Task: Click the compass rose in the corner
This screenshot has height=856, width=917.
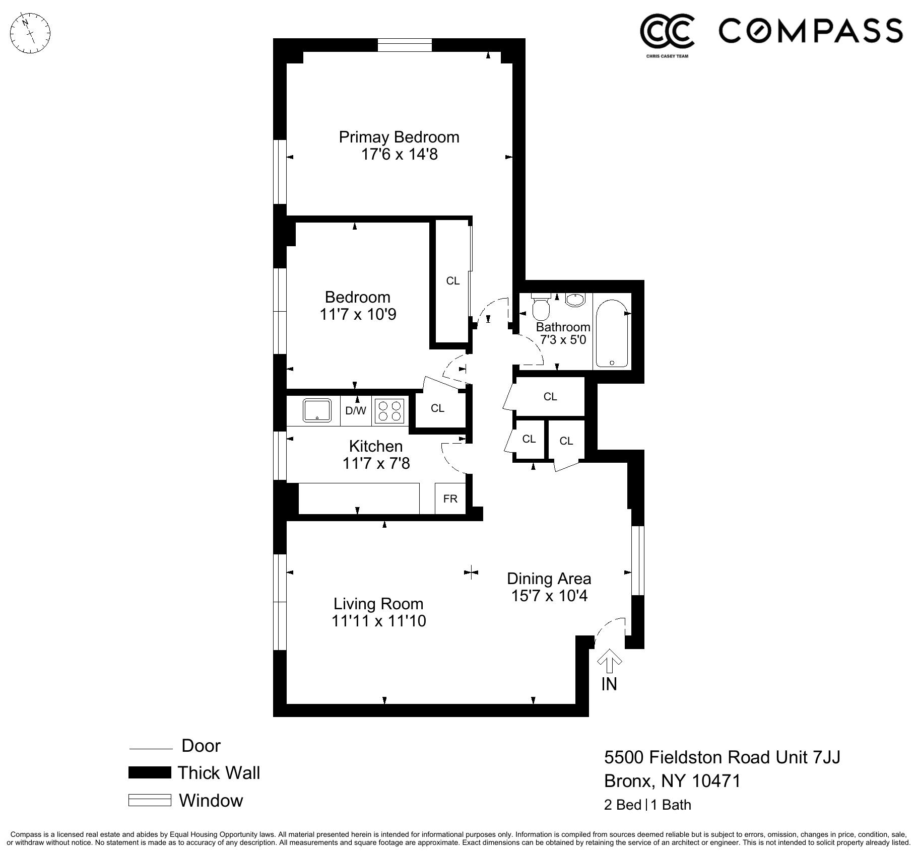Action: (x=30, y=33)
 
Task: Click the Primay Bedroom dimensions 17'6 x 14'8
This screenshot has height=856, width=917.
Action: (x=399, y=154)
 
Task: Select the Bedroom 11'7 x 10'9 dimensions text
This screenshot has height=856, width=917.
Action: (x=358, y=314)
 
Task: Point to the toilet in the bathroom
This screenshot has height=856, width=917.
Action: (x=541, y=308)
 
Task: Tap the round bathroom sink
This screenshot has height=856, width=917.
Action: (x=574, y=300)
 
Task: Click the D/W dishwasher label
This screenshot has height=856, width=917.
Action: (x=356, y=411)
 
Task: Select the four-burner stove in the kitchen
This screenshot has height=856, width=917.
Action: (x=390, y=411)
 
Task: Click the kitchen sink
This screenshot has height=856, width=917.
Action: (x=317, y=410)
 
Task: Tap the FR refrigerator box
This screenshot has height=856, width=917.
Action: (x=450, y=498)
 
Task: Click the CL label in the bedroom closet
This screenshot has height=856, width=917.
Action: (x=452, y=281)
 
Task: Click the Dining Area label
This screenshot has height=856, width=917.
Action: (x=549, y=579)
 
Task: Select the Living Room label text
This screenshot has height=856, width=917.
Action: (x=378, y=604)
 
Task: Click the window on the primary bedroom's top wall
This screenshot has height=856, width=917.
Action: (x=405, y=45)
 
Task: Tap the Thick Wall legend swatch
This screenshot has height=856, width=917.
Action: (x=150, y=772)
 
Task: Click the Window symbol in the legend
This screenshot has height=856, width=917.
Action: (x=150, y=800)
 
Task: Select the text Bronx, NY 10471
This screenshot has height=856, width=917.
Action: (x=672, y=781)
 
